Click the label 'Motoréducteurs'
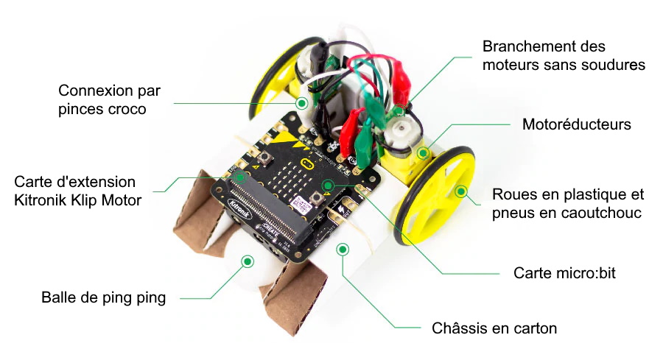tap(576, 124)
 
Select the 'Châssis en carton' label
tap(494, 328)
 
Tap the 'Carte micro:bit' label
tap(564, 273)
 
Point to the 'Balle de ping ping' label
tap(104, 298)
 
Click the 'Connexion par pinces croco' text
tap(110, 100)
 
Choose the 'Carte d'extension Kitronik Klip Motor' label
tap(75, 190)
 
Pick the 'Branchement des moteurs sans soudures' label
tap(564, 55)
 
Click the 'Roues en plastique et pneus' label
tap(567, 204)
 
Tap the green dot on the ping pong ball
tap(248, 261)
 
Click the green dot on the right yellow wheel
tap(461, 191)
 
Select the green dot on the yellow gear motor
tap(423, 154)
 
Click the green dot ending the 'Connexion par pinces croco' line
tap(301, 104)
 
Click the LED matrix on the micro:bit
tap(298, 183)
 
